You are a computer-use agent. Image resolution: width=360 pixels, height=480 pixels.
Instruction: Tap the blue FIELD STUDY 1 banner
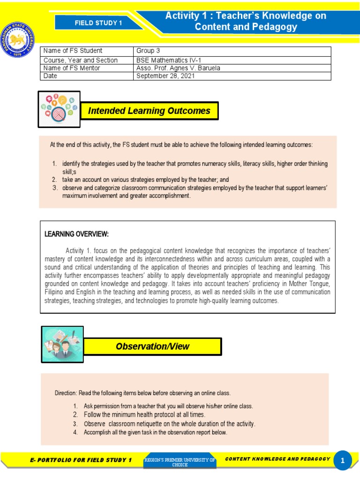point(102,22)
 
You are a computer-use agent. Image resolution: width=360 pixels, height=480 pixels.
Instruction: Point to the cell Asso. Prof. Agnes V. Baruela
point(178,68)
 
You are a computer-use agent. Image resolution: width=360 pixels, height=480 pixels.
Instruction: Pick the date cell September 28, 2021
point(165,76)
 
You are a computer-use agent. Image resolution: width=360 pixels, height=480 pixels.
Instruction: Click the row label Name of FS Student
point(73,51)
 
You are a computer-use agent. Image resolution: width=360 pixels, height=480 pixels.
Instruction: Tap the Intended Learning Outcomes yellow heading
point(149,111)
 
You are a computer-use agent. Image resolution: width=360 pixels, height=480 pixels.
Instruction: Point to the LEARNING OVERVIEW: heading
point(76,234)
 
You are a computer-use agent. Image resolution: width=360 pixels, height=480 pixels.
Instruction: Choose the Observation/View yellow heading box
point(153,346)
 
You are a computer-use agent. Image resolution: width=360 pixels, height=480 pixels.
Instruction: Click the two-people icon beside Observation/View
point(62,345)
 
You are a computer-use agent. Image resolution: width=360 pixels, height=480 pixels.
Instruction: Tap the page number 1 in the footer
point(343,461)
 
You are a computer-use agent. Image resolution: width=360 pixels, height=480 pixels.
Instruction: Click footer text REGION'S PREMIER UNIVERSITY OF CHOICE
point(180,462)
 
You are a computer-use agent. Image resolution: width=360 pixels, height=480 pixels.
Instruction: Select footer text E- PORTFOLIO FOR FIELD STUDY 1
point(81,460)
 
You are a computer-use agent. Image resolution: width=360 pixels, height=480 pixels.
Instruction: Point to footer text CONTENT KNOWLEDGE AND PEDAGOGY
point(277,459)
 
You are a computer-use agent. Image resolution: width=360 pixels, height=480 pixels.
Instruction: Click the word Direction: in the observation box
point(66,393)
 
